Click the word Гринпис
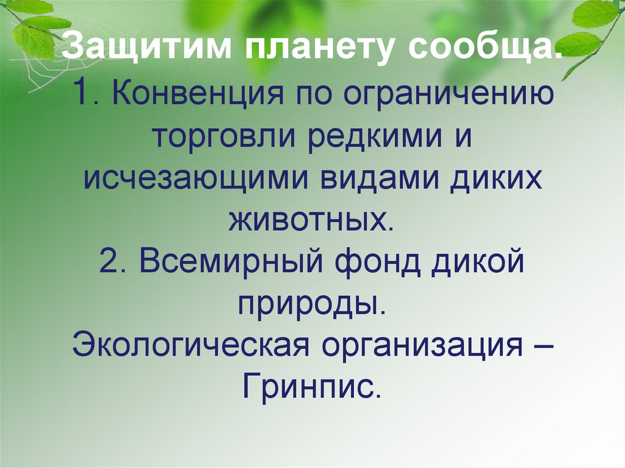pos(311,387)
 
